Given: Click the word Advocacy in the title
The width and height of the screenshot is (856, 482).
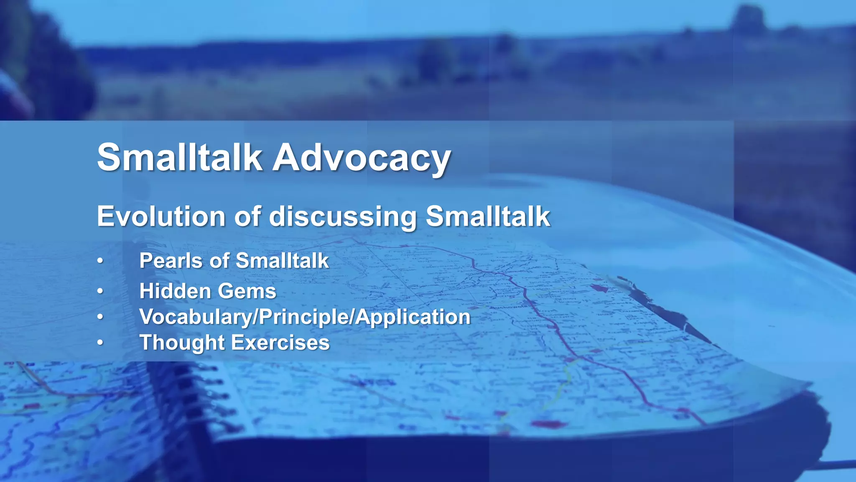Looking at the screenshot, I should point(362,158).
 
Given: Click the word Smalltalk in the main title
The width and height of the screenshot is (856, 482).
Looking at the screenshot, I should point(180,158).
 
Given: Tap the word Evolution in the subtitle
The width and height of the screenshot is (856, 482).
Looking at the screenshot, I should point(161,216).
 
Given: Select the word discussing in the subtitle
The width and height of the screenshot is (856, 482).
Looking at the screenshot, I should point(343,216).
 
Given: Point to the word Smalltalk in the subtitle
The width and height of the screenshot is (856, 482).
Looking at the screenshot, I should point(488,216).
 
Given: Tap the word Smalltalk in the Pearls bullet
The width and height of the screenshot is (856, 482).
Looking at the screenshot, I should point(282,261).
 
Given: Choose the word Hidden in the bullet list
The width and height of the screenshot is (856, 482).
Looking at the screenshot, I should point(175,291).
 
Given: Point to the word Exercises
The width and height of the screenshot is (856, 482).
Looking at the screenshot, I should point(280,343).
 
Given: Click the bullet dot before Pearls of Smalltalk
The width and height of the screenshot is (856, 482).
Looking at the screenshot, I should point(100,261).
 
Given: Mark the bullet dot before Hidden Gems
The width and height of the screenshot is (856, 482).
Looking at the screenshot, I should point(100,291).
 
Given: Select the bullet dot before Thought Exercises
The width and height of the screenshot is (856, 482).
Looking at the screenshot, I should point(100,343).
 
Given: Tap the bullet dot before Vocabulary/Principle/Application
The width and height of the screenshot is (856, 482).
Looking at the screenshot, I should point(100,317).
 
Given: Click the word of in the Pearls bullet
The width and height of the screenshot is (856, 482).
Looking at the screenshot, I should point(219,261).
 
